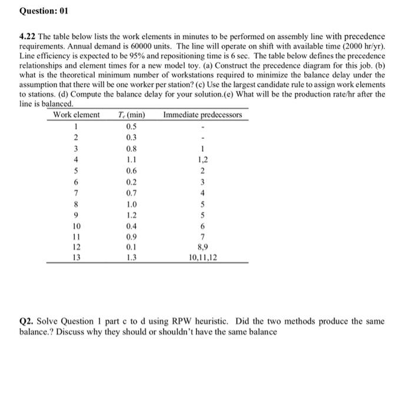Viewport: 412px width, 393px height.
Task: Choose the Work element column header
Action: [77, 115]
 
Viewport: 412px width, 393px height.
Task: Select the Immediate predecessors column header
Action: [202, 115]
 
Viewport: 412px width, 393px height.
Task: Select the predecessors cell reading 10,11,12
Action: [202, 257]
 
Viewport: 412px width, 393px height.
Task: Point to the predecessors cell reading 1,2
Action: [202, 158]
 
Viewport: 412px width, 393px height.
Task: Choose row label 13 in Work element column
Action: [77, 257]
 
